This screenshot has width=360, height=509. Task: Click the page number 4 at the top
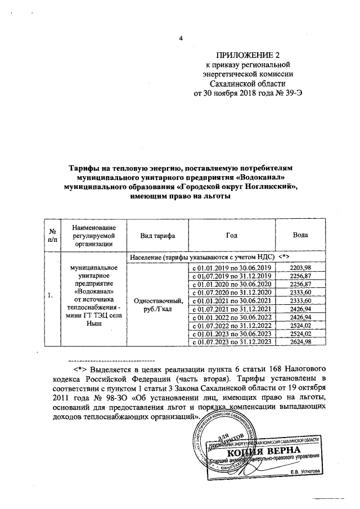coord(181,38)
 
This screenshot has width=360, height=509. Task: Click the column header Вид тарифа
coord(157,234)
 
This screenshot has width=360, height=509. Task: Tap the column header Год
coord(231,234)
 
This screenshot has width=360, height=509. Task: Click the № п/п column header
coord(52,234)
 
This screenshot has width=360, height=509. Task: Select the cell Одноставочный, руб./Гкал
coord(157,305)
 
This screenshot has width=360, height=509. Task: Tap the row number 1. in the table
coord(51,295)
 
